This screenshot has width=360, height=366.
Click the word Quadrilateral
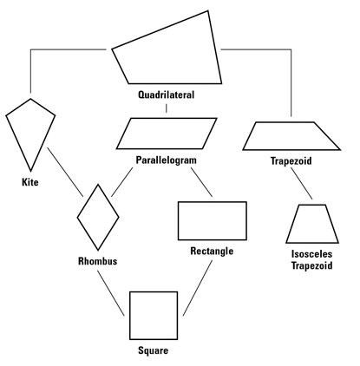pos(166,95)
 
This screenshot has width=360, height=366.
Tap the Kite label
pos(30,182)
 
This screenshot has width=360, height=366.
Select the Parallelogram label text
pos(166,160)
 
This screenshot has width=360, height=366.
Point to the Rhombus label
pos(98,261)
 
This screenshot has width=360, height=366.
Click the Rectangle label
pos(212,251)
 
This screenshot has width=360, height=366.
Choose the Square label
pos(153,350)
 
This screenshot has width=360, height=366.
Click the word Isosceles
pos(311,254)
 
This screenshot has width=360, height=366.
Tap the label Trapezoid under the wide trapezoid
pos(291,160)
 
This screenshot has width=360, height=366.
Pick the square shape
pos(130,316)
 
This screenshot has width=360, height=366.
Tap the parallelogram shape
pos(167,118)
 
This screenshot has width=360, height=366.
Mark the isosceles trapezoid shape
pos(312,243)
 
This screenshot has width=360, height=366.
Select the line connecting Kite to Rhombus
pos(65,172)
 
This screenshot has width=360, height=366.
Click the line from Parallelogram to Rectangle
pos(201,182)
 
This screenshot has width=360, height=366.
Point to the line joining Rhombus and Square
pos(111,293)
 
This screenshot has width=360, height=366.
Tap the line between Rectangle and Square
pos(198,288)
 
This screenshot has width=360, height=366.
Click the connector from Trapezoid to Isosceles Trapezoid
pos(302,183)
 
